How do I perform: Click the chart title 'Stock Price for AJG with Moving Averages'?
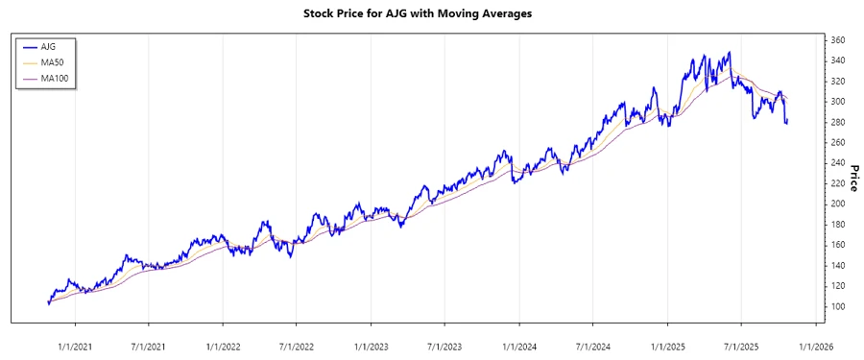point(431,13)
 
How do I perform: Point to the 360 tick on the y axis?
point(837,40)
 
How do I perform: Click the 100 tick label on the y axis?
point(837,306)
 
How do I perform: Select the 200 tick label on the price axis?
point(837,204)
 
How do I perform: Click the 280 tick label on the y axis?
point(837,122)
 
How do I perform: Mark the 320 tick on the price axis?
point(837,81)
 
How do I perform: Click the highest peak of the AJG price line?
point(730,52)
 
